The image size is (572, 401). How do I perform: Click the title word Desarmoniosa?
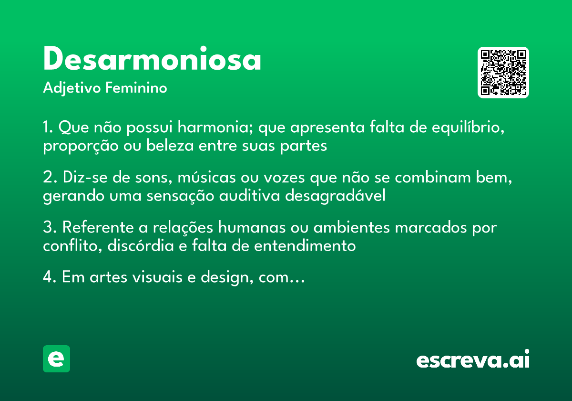coord(152,60)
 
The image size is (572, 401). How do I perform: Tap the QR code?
coord(503,73)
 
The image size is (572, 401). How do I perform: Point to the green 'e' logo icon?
coord(56,359)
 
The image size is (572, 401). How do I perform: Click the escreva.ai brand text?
coord(473,359)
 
